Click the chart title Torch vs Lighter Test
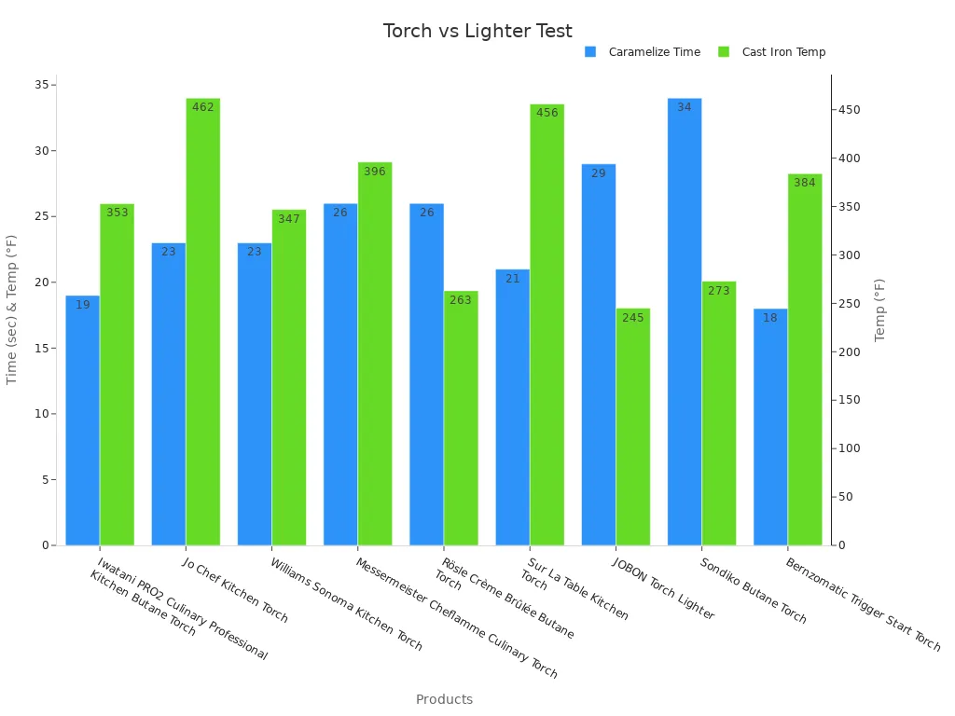[x=477, y=32]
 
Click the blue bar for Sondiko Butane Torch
[x=685, y=322]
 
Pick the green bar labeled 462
[x=203, y=322]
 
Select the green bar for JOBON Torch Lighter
[x=633, y=427]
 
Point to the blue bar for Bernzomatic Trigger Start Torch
[x=770, y=427]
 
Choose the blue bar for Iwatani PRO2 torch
[x=83, y=420]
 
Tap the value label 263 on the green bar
[x=461, y=300]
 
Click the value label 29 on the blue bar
[x=599, y=173]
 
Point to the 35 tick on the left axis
[x=40, y=85]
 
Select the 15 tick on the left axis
[x=40, y=349]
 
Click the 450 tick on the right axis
[x=849, y=110]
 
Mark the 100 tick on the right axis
[x=849, y=448]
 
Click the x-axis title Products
[x=444, y=699]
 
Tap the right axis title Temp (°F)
[x=879, y=310]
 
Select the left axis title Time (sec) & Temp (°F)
[x=12, y=310]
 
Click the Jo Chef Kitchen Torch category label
[x=235, y=591]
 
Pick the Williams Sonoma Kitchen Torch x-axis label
[x=345, y=605]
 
